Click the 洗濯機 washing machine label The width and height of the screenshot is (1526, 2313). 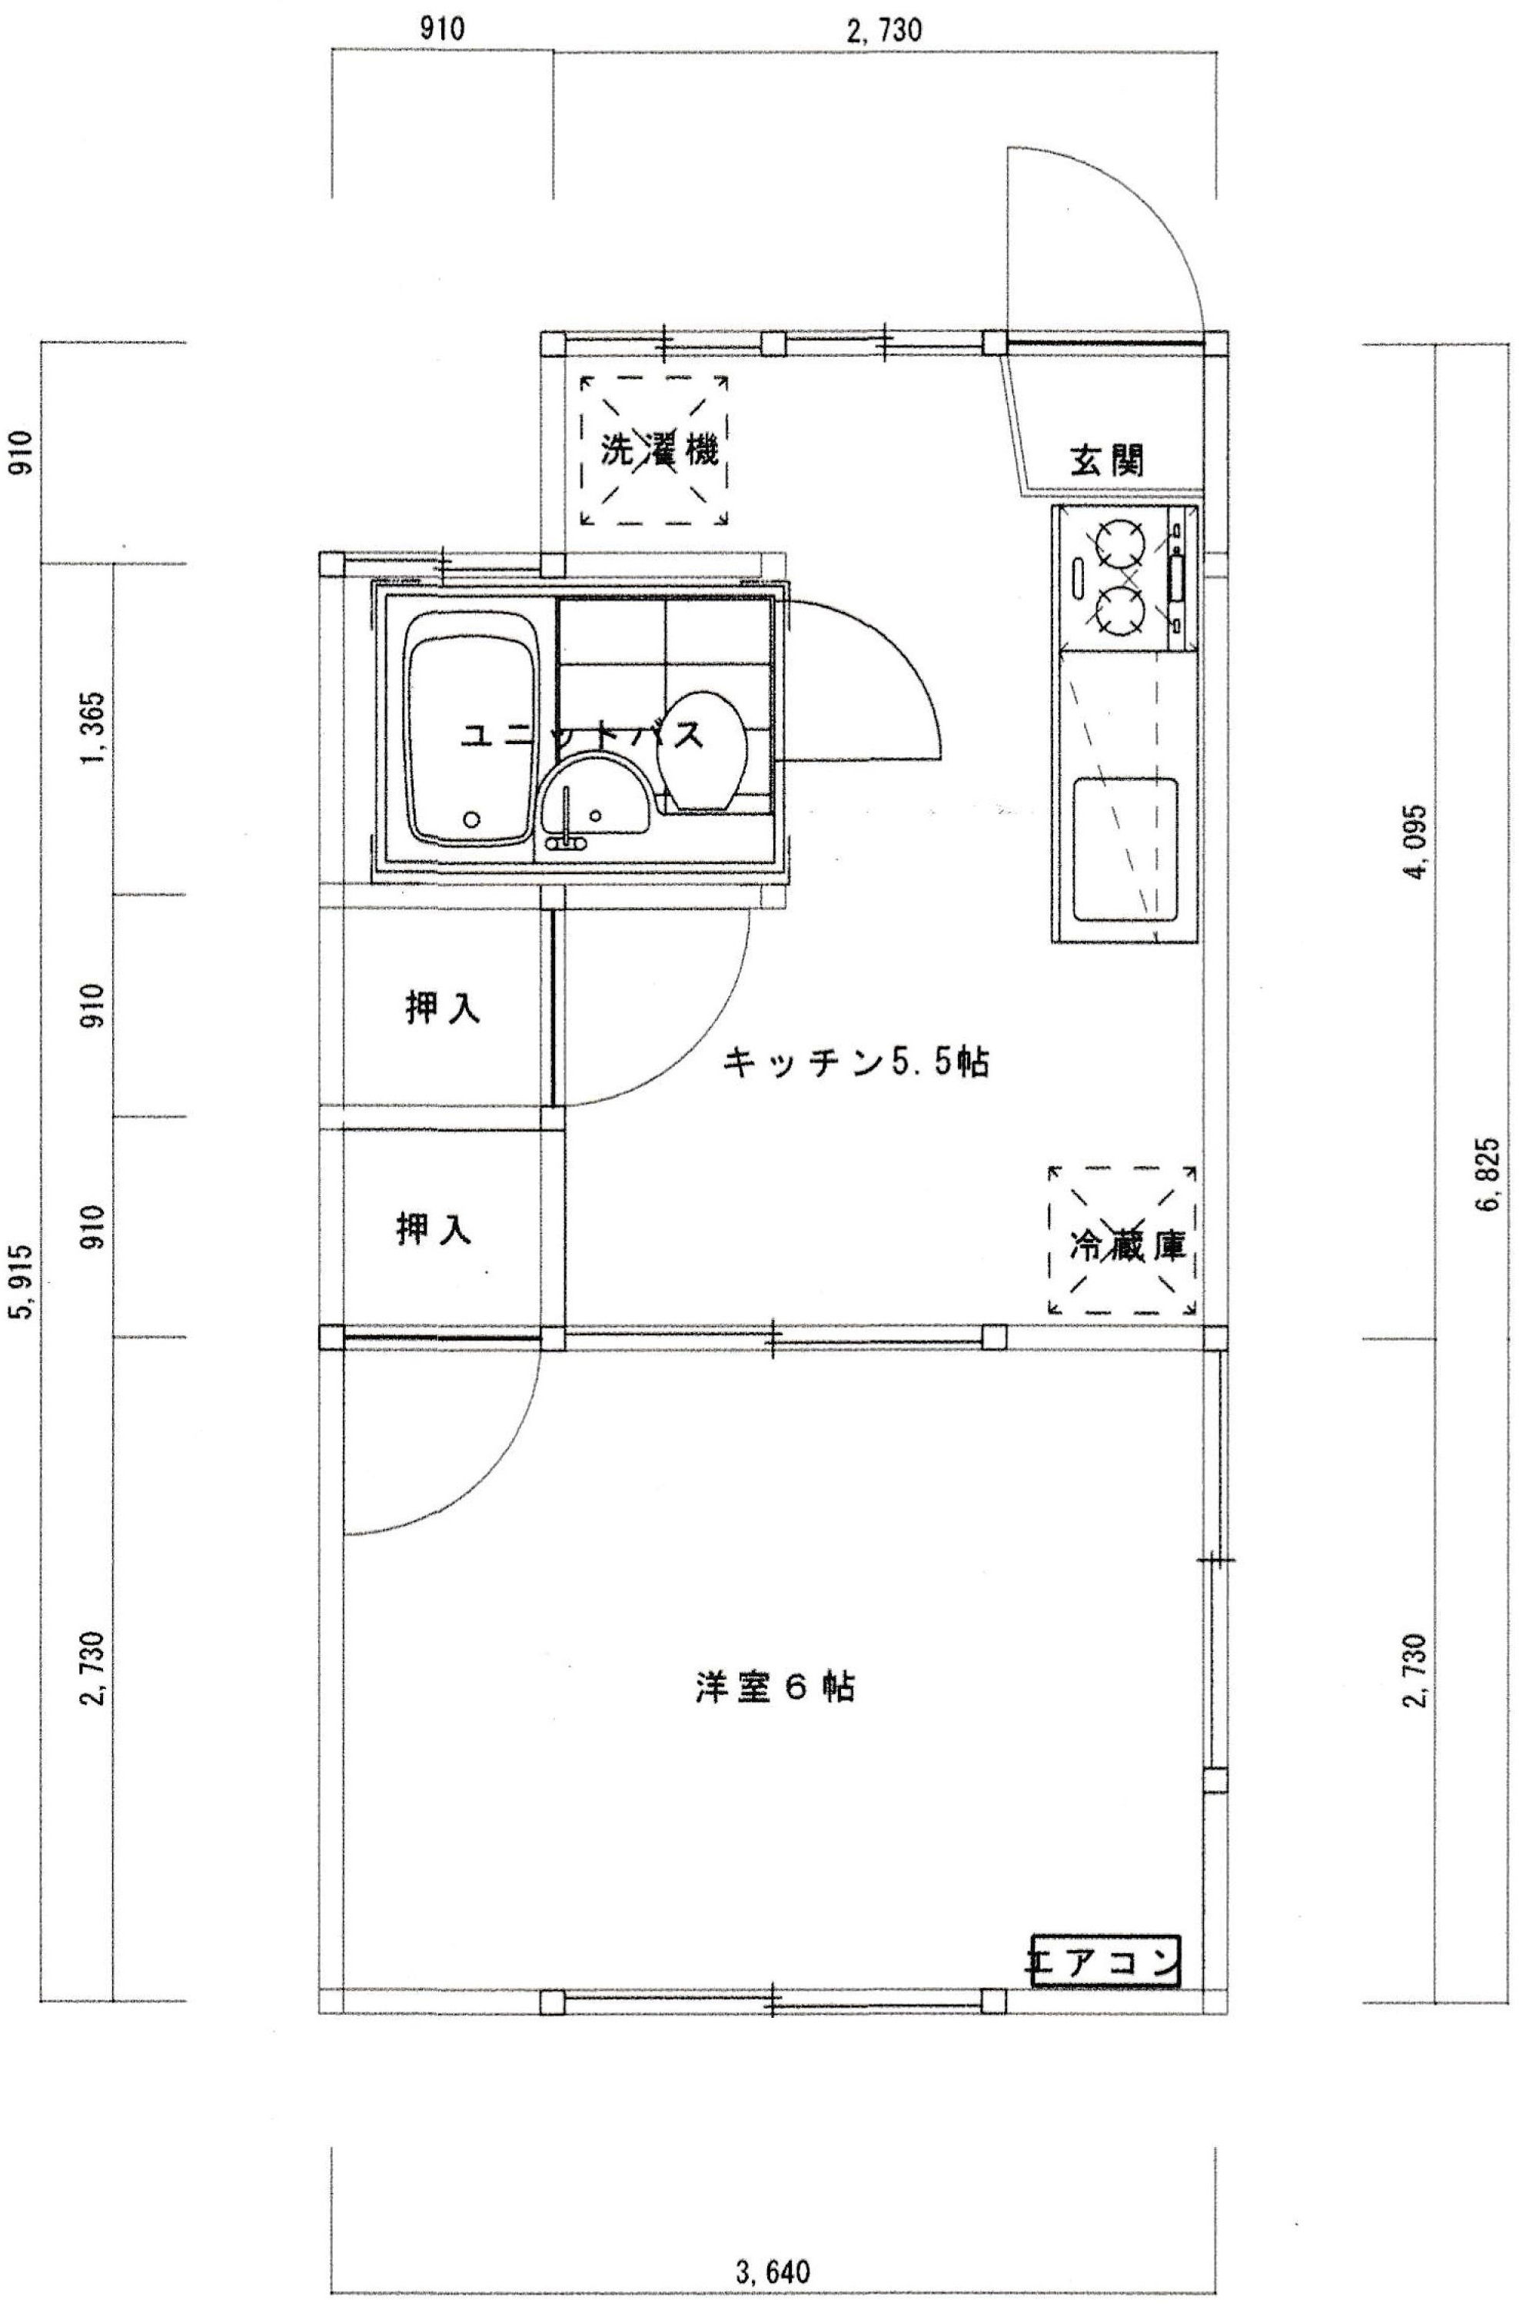coord(658,450)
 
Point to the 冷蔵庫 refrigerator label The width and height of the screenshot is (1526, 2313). coord(1127,1247)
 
